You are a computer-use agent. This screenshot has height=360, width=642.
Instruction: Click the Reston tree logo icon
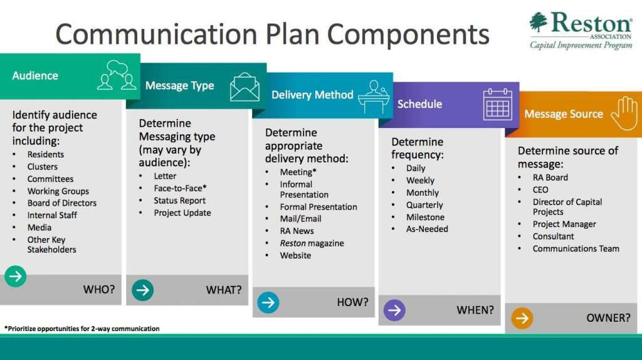pyautogui.click(x=538, y=22)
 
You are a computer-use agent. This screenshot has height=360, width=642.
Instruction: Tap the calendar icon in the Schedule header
pyautogui.click(x=497, y=104)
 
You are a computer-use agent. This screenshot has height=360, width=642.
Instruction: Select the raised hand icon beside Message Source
pyautogui.click(x=624, y=114)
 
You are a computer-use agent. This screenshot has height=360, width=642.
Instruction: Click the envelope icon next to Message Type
pyautogui.click(x=245, y=87)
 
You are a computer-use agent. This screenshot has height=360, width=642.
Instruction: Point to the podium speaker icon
pyautogui.click(x=373, y=97)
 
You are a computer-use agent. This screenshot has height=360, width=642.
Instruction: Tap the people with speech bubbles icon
pyautogui.click(x=117, y=75)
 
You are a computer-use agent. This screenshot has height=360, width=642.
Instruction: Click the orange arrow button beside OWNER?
pyautogui.click(x=522, y=318)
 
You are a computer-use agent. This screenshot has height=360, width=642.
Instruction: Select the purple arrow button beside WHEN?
pyautogui.click(x=394, y=310)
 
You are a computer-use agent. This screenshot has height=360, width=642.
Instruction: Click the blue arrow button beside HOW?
pyautogui.click(x=268, y=303)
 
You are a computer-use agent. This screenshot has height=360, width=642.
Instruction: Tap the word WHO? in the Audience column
pyautogui.click(x=98, y=290)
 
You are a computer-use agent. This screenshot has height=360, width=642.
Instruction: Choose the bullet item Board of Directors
pyautogui.click(x=62, y=203)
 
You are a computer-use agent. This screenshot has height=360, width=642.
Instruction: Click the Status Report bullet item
pyautogui.click(x=180, y=201)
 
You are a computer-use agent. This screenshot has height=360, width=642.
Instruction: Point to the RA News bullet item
pyautogui.click(x=297, y=231)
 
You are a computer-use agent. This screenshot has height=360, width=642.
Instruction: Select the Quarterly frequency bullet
pyautogui.click(x=424, y=205)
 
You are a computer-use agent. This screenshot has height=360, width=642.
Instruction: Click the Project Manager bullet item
pyautogui.click(x=564, y=224)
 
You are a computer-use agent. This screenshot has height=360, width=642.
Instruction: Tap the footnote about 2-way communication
pyautogui.click(x=82, y=329)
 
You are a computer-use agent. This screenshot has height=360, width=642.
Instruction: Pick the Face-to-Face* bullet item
pyautogui.click(x=180, y=188)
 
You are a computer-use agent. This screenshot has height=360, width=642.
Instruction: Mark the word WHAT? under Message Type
pyautogui.click(x=224, y=290)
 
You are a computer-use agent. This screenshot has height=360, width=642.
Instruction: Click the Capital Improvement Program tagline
pyautogui.click(x=581, y=45)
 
